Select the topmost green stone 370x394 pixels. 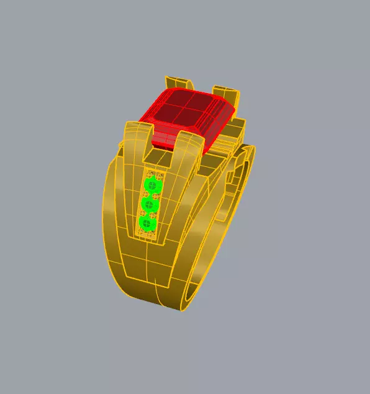(153, 185)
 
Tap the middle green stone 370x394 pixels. (150, 204)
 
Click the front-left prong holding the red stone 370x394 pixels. (137, 140)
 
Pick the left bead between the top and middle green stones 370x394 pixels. (145, 194)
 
